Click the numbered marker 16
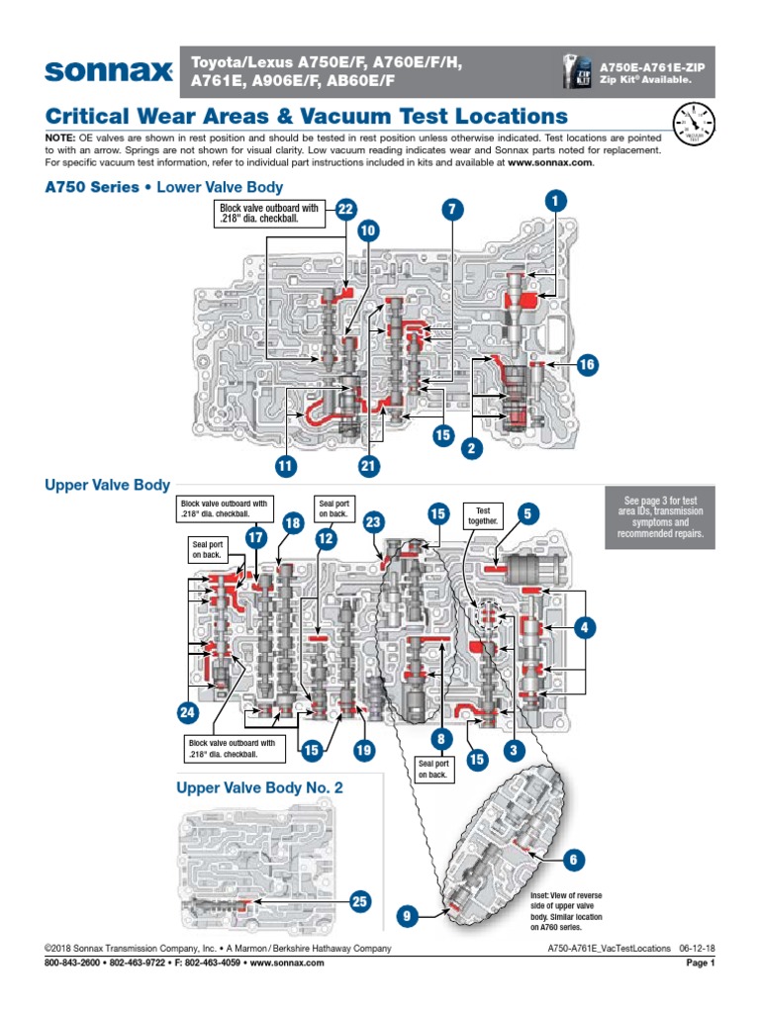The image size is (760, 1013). click(587, 364)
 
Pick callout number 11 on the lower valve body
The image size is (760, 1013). click(287, 463)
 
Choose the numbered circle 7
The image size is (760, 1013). click(452, 209)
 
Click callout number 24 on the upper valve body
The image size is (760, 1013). click(188, 711)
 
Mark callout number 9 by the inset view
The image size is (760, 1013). click(406, 918)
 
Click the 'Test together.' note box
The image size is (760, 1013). click(483, 515)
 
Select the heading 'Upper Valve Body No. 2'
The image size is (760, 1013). click(259, 787)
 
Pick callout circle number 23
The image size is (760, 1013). click(373, 522)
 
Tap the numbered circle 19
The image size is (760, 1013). click(363, 751)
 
